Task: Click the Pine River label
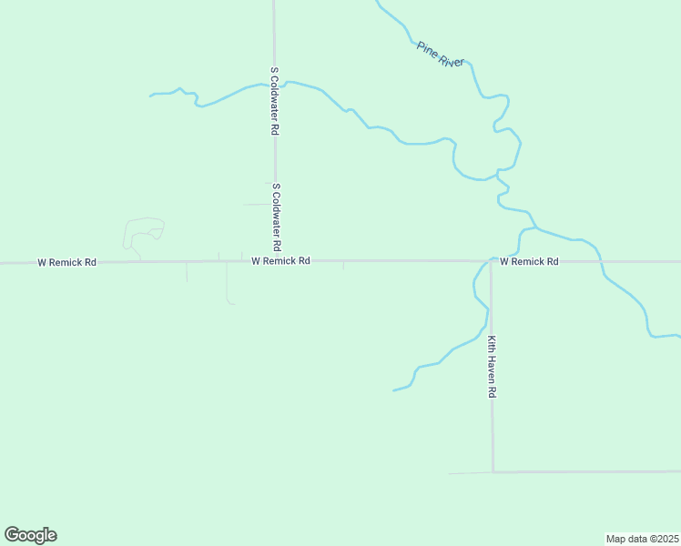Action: click(x=441, y=54)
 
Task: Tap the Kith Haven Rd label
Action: click(x=491, y=367)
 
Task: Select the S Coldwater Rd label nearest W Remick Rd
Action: click(x=275, y=217)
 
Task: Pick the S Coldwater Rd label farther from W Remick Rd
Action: click(x=273, y=100)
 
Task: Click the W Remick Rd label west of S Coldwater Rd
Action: click(x=66, y=262)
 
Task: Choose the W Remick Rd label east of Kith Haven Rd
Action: click(x=528, y=261)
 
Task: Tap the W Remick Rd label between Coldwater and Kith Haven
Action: click(x=280, y=261)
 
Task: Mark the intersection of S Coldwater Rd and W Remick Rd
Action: click(x=275, y=261)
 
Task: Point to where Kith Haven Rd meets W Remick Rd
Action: click(x=491, y=261)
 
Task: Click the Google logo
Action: click(x=30, y=535)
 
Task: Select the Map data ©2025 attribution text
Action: click(x=641, y=539)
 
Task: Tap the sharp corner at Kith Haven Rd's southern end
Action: click(x=493, y=472)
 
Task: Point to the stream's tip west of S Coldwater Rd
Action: click(x=151, y=95)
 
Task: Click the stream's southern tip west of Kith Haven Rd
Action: click(x=394, y=390)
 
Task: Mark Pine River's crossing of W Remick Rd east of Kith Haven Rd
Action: click(x=601, y=261)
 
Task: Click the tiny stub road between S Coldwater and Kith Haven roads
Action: click(x=343, y=265)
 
